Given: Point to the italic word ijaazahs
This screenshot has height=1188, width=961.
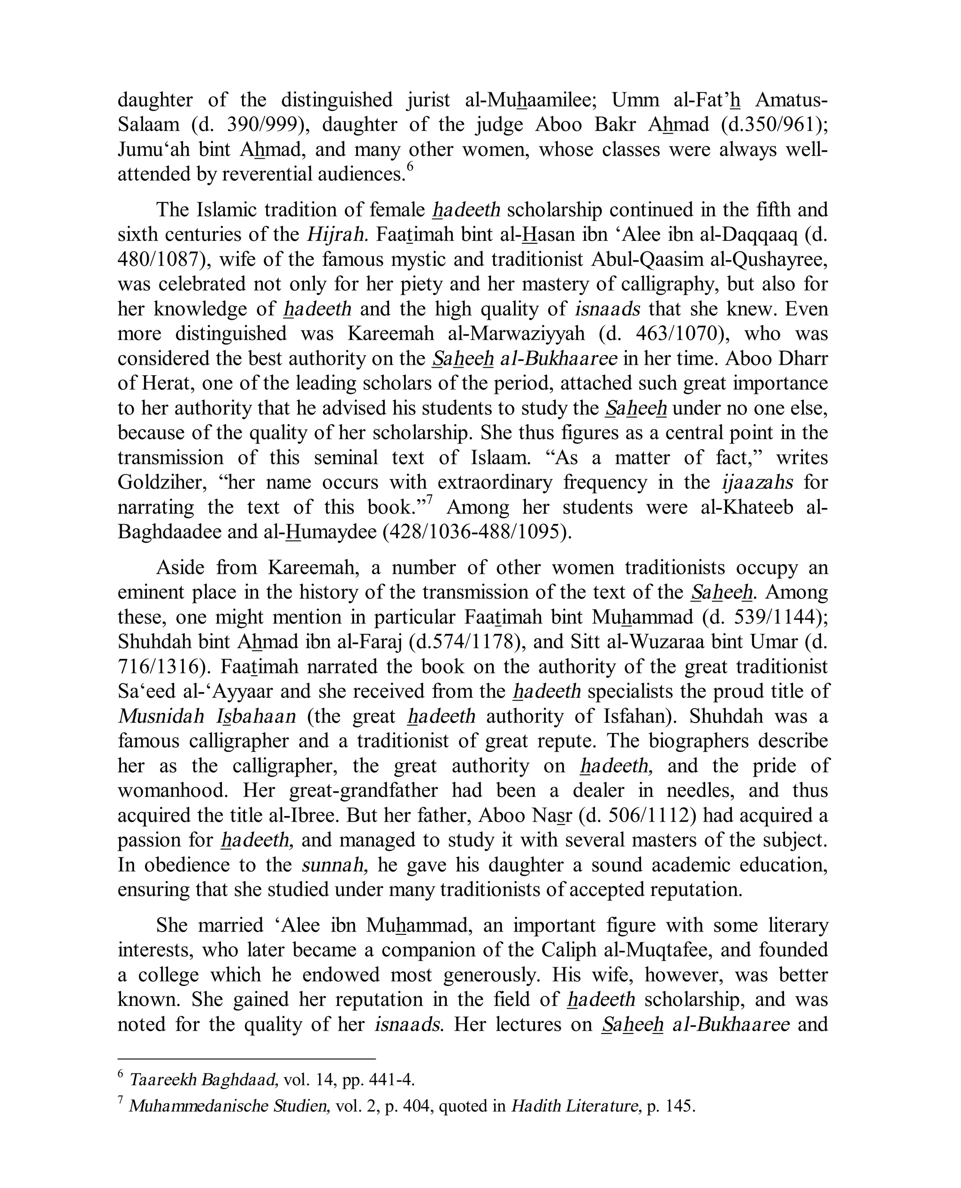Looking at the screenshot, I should [x=757, y=482].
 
